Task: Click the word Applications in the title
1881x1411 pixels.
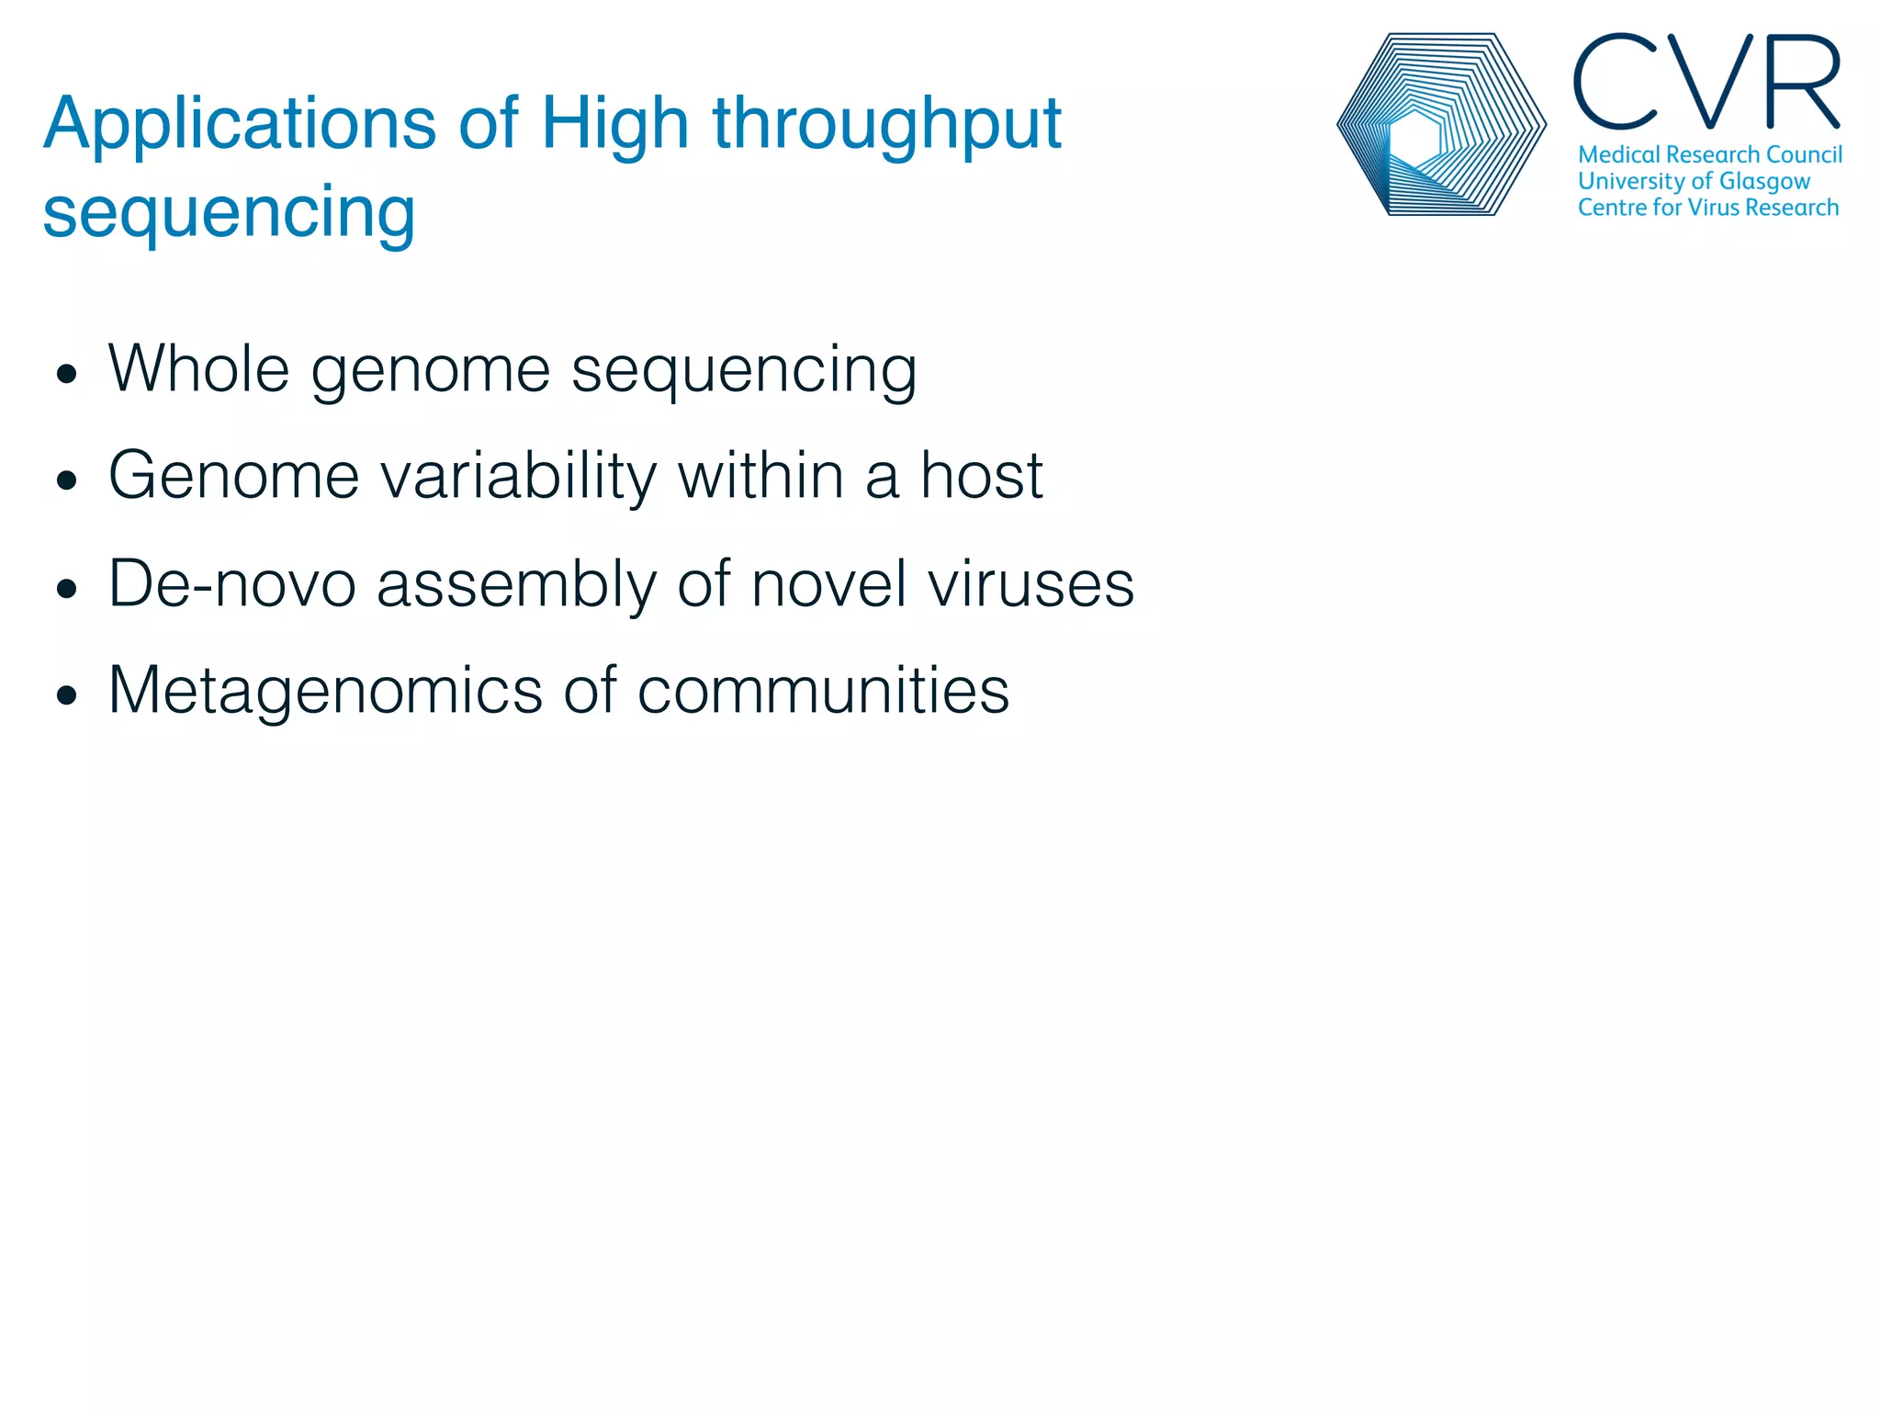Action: (x=239, y=125)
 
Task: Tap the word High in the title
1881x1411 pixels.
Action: (x=614, y=125)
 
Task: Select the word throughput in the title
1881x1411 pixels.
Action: (x=886, y=125)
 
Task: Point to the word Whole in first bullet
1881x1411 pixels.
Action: (x=198, y=369)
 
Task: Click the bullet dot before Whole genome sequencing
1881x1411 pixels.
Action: (x=66, y=374)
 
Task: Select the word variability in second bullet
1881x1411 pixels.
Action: (x=518, y=476)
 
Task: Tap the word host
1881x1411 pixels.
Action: (x=981, y=476)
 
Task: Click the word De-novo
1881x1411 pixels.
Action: (x=231, y=583)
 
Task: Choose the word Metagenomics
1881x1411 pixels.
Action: (x=325, y=691)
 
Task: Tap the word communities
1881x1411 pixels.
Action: (x=823, y=691)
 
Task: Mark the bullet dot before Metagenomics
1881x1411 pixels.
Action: (x=66, y=695)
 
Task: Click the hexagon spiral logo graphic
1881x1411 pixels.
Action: (x=1441, y=125)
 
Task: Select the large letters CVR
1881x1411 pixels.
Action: (x=1706, y=83)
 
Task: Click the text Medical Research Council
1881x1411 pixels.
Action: (x=1709, y=154)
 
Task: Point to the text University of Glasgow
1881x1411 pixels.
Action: (x=1694, y=181)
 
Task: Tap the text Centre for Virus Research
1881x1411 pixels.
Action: (x=1707, y=208)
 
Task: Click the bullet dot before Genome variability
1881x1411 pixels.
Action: (x=66, y=480)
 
